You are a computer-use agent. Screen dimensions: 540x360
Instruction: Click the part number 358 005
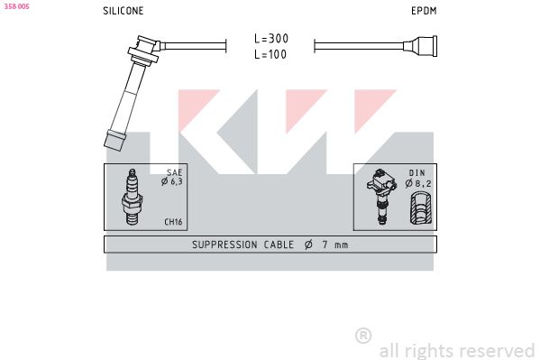pyautogui.click(x=16, y=6)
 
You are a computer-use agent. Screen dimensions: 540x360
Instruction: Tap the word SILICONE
pyautogui.click(x=124, y=11)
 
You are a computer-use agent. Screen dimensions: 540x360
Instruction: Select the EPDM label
pyautogui.click(x=424, y=11)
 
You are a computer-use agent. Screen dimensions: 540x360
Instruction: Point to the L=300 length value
pyautogui.click(x=271, y=38)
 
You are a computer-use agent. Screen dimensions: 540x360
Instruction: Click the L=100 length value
pyautogui.click(x=270, y=54)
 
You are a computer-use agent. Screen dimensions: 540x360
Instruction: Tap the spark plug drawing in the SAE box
pyautogui.click(x=133, y=197)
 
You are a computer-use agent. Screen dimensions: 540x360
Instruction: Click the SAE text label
pyautogui.click(x=174, y=172)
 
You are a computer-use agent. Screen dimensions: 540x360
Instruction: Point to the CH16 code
pyautogui.click(x=173, y=222)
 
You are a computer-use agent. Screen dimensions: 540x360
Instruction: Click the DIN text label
pyautogui.click(x=417, y=172)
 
